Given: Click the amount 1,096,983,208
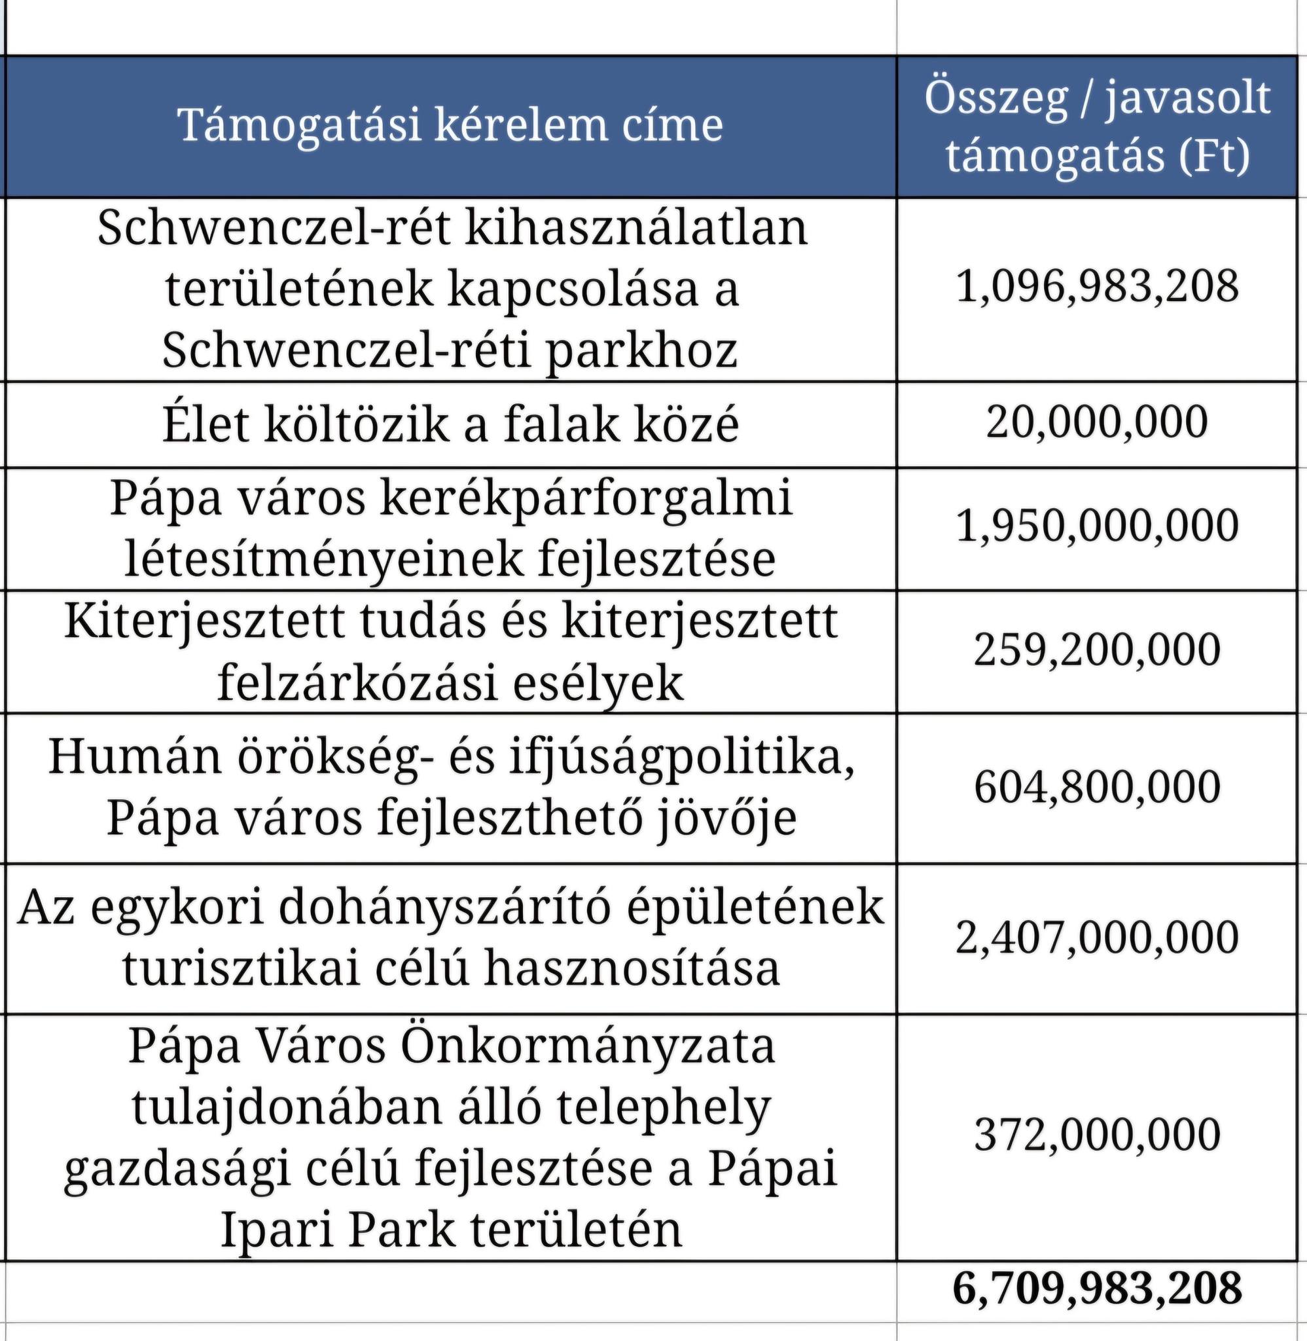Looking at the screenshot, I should click(x=1097, y=287).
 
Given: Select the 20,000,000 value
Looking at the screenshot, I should click(x=1097, y=422).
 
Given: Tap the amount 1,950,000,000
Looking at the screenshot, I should click(x=1097, y=526).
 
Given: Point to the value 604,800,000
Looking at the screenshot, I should click(x=1097, y=787).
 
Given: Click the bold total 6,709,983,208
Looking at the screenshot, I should click(x=1097, y=1288).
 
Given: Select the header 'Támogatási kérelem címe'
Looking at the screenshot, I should click(x=450, y=126).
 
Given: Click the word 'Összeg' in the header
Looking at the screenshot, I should click(x=996, y=98).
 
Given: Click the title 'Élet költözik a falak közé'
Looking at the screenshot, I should click(x=450, y=425).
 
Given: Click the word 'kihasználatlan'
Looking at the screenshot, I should click(x=637, y=228).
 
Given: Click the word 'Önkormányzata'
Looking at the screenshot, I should click(x=587, y=1046).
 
